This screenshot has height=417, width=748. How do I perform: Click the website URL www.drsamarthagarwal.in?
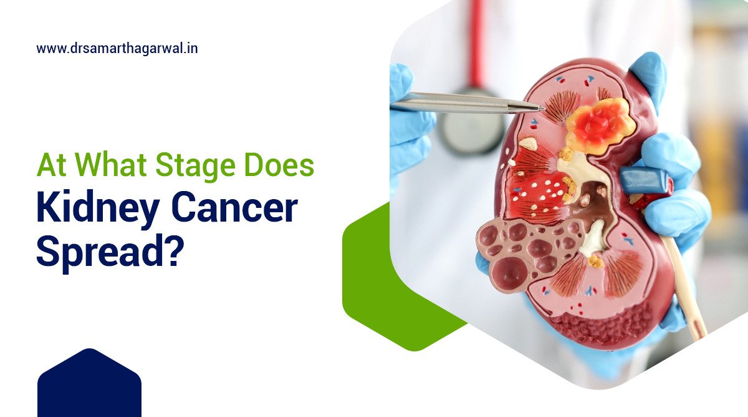(x=117, y=48)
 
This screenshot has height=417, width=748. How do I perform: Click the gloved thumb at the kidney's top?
(x=648, y=75)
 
